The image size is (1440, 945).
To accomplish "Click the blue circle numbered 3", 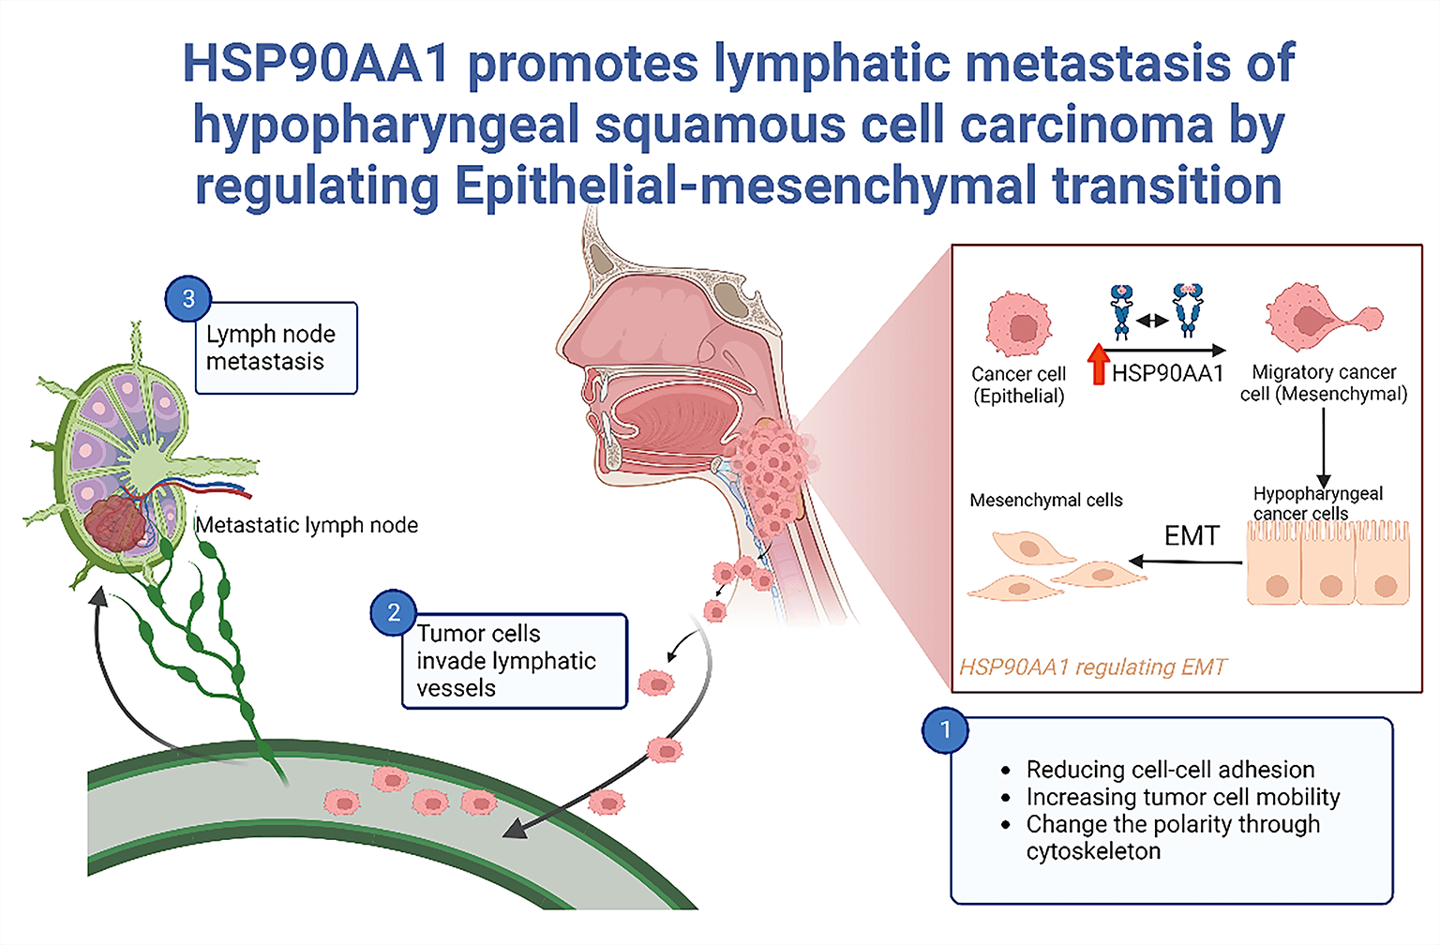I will pyautogui.click(x=188, y=299).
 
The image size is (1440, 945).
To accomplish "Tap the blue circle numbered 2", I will pyautogui.click(x=394, y=613).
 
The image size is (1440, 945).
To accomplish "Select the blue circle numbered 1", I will pyautogui.click(x=946, y=730).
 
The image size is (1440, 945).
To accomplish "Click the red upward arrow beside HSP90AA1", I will pyautogui.click(x=1099, y=365).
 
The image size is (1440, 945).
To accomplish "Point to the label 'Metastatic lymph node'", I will pyautogui.click(x=307, y=525).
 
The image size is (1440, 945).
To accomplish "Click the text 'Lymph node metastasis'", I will pyautogui.click(x=271, y=348).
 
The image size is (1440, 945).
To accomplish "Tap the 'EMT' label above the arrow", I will pyautogui.click(x=1192, y=535).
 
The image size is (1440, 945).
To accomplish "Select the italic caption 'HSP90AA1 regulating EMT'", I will pyautogui.click(x=1092, y=667).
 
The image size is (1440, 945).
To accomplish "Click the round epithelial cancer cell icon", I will pyautogui.click(x=1019, y=324).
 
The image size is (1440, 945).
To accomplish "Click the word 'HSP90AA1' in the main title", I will pyautogui.click(x=316, y=64).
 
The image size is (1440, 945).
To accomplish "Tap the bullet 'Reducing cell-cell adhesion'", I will pyautogui.click(x=1170, y=770).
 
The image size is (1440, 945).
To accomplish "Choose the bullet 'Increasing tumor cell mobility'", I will pyautogui.click(x=1182, y=797).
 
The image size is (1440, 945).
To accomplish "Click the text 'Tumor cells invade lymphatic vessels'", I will pyautogui.click(x=506, y=661).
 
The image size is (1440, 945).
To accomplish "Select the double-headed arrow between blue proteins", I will pyautogui.click(x=1153, y=321).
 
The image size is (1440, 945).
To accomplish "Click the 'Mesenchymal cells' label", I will pyautogui.click(x=1046, y=501).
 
